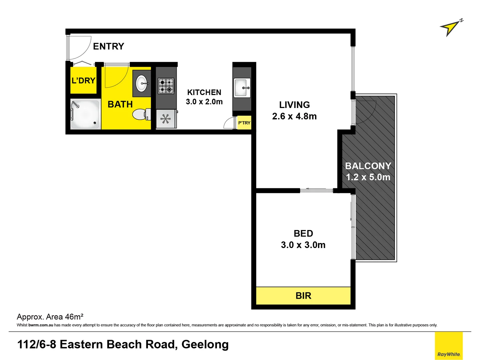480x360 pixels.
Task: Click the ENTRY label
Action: coord(108,46)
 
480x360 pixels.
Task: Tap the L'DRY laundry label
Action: coord(83,81)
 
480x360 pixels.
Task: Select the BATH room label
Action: coord(120,104)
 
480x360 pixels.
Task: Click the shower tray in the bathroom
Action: coord(85,114)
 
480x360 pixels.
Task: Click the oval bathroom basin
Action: coord(142,83)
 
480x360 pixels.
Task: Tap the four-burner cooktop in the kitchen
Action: coord(166,86)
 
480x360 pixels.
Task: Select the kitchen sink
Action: coord(242,88)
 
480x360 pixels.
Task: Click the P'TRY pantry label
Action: coord(244,123)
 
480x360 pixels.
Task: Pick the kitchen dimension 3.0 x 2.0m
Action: coord(204,102)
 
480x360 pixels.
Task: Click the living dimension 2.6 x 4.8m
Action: coord(294,116)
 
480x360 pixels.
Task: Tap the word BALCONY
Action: coord(368,166)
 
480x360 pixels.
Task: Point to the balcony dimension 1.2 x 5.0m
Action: coord(368,177)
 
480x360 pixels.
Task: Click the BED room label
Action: coord(303,233)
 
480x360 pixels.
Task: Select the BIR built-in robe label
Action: coord(303,296)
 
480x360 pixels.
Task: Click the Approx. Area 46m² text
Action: coord(50,317)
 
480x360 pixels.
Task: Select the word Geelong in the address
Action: coord(205,344)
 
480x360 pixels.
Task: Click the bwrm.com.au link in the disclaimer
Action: coord(41,325)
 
